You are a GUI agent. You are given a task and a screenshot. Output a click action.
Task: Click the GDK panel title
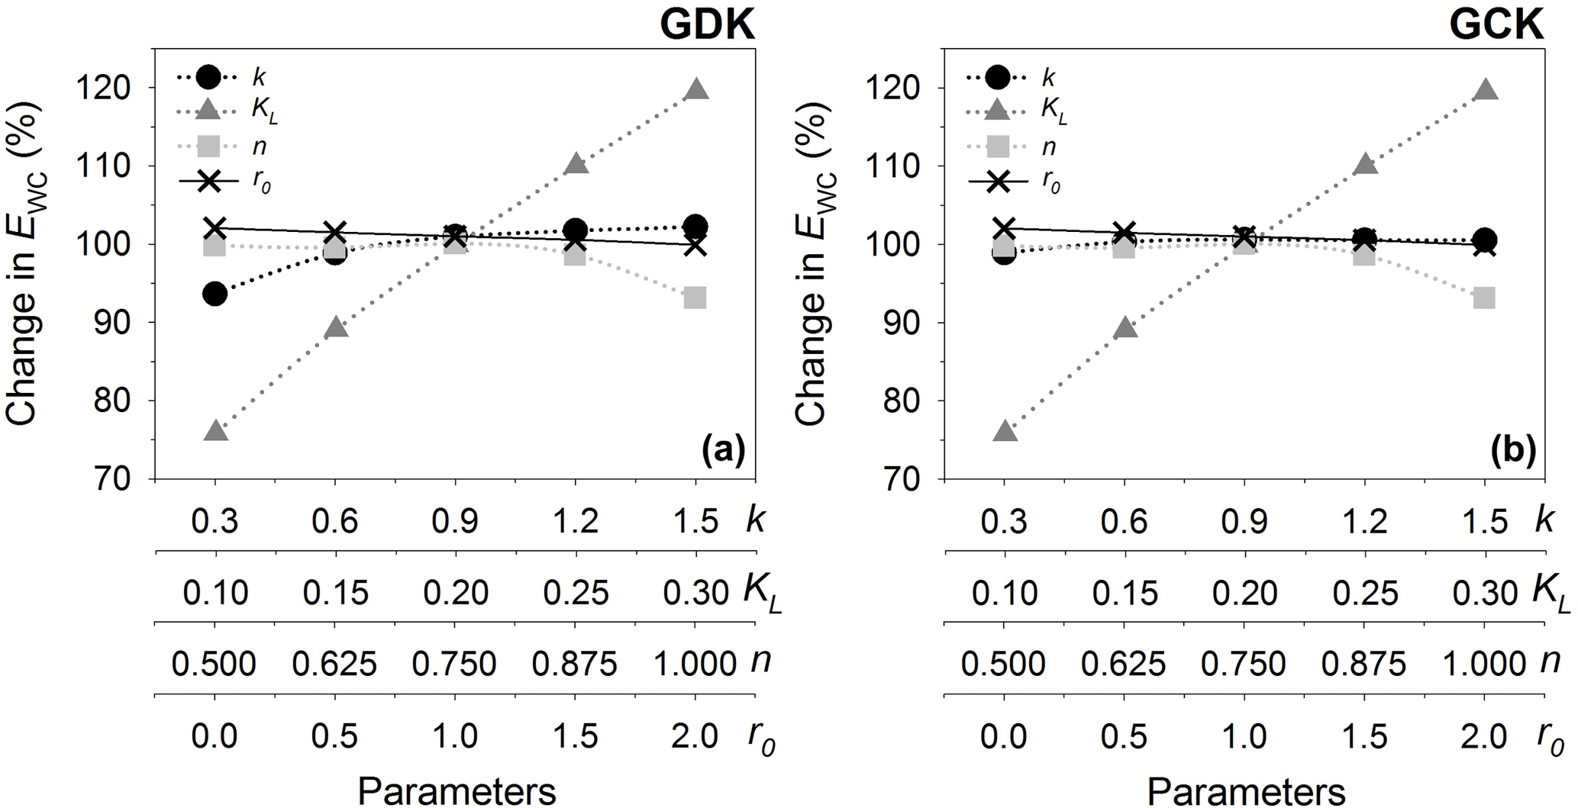tap(707, 24)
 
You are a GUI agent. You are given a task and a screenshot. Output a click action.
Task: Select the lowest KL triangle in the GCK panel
tap(1005, 431)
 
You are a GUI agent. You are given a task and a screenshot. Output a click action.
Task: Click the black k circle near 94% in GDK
tap(215, 294)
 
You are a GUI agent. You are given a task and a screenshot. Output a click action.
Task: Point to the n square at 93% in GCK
tap(1483, 298)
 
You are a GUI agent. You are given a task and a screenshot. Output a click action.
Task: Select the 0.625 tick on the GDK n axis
tap(334, 664)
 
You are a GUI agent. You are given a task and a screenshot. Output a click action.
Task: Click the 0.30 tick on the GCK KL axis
tap(1483, 593)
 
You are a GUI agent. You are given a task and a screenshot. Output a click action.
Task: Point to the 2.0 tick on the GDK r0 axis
tap(695, 736)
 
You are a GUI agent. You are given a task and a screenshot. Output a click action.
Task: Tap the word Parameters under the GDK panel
tap(457, 791)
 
